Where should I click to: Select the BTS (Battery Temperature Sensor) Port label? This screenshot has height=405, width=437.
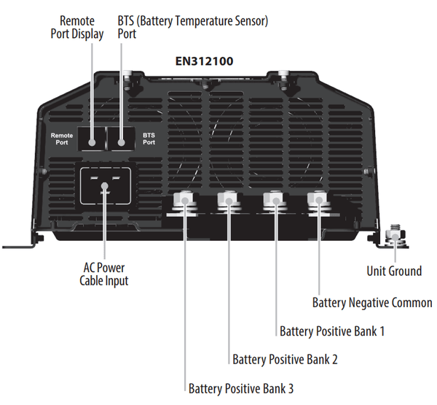coord(193,28)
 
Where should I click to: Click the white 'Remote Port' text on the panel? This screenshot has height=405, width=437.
coord(60,139)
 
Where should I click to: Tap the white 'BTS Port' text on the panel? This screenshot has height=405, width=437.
coord(149,139)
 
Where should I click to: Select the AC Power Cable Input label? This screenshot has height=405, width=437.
coord(105,274)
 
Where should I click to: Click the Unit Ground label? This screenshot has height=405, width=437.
coord(394,271)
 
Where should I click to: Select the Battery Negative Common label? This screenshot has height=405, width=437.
coord(372,302)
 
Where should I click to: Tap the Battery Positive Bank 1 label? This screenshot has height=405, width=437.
coord(332,331)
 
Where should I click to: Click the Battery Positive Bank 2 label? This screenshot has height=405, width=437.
coord(285,359)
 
